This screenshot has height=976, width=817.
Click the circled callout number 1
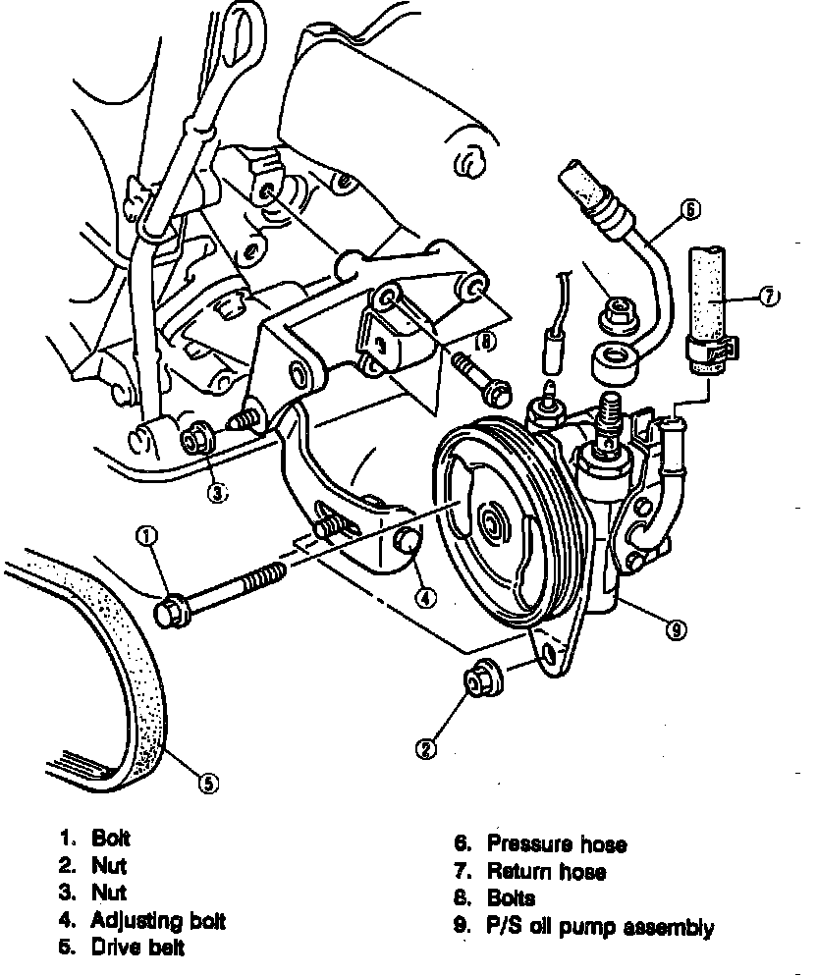click(147, 535)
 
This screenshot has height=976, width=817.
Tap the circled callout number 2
click(425, 749)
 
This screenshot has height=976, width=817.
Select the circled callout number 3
click(216, 494)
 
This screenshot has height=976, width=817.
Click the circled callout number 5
click(208, 783)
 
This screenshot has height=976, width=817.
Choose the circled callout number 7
click(769, 294)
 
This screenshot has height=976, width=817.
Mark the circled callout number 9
click(675, 631)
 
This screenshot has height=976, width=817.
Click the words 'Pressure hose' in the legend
click(556, 843)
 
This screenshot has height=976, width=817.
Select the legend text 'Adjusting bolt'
click(158, 921)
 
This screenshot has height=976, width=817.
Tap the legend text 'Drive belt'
click(137, 948)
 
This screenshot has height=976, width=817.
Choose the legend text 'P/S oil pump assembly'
click(600, 926)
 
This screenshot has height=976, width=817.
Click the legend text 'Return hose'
click(546, 871)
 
